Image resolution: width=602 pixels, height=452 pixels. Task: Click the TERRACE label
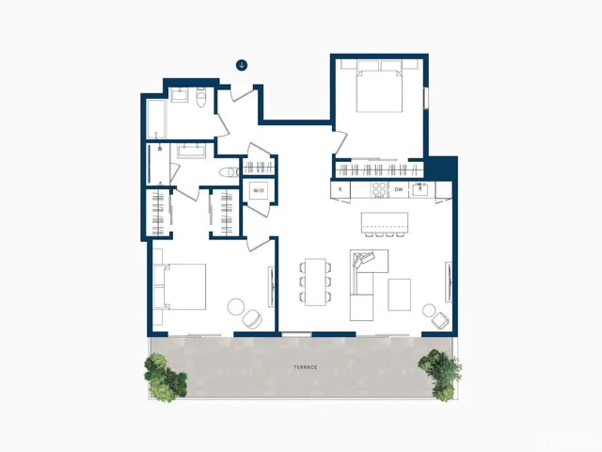tap(305, 366)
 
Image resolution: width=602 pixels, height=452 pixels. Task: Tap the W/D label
tap(258, 191)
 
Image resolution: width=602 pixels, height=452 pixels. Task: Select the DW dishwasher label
tap(399, 190)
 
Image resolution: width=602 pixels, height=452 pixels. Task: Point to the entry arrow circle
tap(242, 65)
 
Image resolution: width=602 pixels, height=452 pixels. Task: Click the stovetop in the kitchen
tap(378, 189)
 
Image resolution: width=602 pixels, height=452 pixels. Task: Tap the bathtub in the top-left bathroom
tap(157, 119)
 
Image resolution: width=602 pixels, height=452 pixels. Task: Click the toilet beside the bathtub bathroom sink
tap(201, 99)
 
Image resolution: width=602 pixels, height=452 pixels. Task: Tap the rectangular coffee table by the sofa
tap(399, 294)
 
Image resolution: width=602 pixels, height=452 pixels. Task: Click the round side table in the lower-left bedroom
tap(236, 307)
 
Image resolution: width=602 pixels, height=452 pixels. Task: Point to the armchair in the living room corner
tap(434, 314)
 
